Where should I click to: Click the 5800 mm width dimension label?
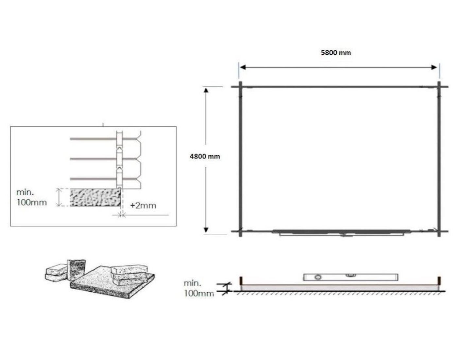point(336,52)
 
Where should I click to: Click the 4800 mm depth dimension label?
point(205,156)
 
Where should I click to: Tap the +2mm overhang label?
point(143,206)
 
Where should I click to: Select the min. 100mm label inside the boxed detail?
point(31,197)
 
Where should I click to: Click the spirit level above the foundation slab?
point(350,277)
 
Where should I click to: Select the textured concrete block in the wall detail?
point(95,197)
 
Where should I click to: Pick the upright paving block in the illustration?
point(76,270)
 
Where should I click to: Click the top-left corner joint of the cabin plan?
point(240,87)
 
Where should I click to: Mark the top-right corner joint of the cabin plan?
point(439,87)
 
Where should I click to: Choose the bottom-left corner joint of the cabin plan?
point(240,231)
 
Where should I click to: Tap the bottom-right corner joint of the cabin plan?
point(439,231)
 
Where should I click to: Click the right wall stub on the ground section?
point(439,281)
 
